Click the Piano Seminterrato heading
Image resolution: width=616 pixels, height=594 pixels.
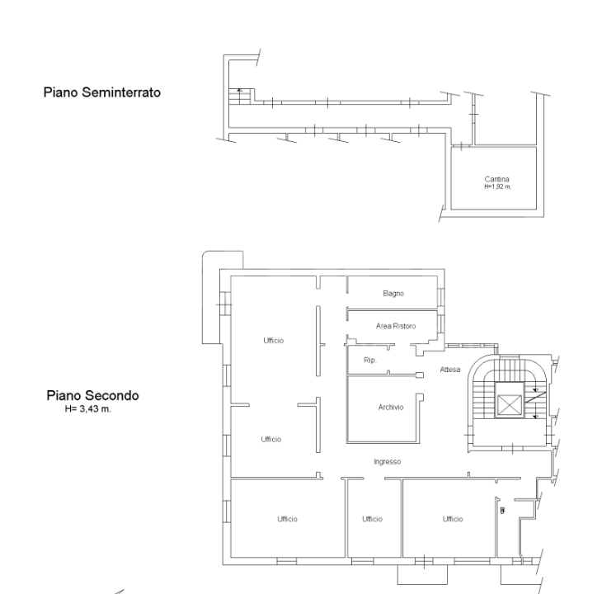coord(102,93)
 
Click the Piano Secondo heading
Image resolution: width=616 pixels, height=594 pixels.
coord(92,395)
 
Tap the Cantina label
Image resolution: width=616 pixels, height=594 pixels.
coord(497,180)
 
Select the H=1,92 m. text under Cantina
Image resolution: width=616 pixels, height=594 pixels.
coord(497,186)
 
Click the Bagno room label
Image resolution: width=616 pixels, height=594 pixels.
coord(392,293)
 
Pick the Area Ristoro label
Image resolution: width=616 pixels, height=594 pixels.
coord(396,327)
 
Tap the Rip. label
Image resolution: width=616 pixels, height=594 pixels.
coord(370,361)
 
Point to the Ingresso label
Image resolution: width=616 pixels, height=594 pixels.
coord(387,462)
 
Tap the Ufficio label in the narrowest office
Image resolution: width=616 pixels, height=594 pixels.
coord(372,519)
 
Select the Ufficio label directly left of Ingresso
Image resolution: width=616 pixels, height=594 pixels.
coord(270,439)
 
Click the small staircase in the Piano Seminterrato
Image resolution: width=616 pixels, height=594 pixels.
coord(239,94)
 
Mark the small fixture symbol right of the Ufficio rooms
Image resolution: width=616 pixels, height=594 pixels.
coord(503,511)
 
